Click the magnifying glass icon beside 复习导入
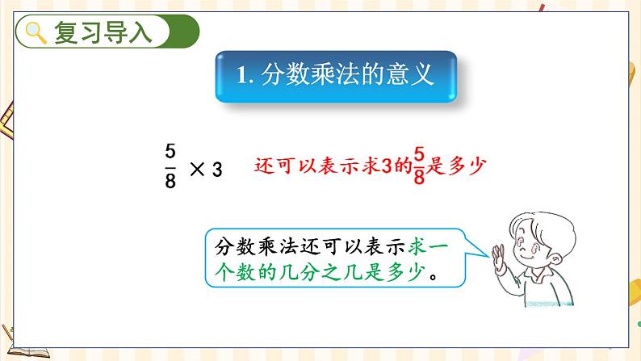tap(36, 33)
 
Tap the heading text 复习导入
tap(102, 33)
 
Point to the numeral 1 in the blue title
tap(241, 77)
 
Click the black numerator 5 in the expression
tap(170, 151)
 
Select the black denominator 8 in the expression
tap(170, 181)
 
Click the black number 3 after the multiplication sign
tap(216, 169)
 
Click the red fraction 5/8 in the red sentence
tap(418, 166)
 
